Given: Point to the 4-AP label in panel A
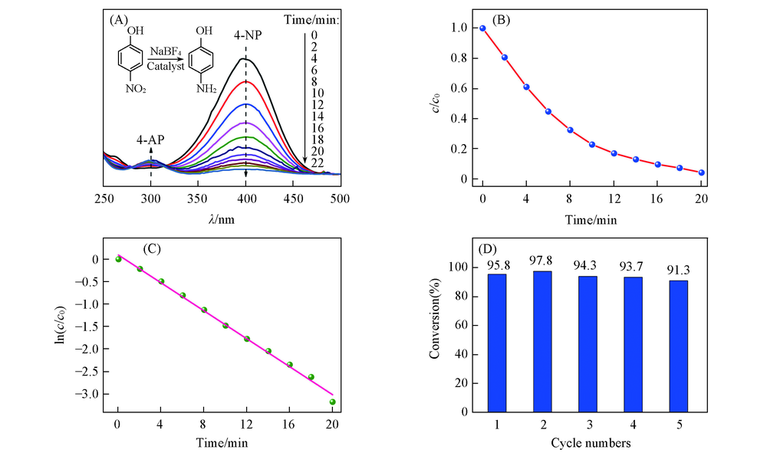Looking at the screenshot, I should (151, 140).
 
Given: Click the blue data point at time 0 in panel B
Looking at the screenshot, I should (482, 28).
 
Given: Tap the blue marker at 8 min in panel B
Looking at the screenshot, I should (570, 130).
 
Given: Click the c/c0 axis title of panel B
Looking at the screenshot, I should (436, 103).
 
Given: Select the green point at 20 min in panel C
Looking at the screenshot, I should (332, 402).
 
